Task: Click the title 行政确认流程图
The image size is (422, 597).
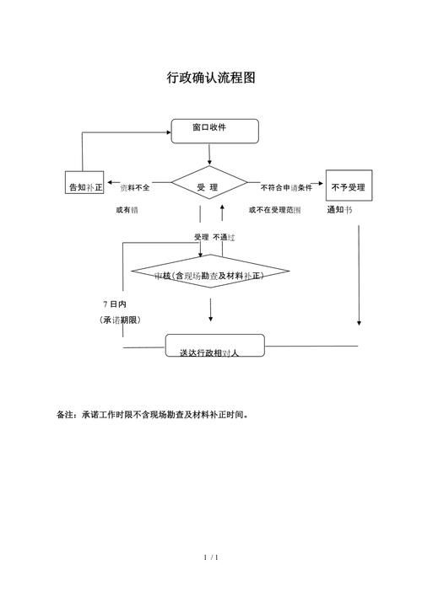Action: (x=210, y=78)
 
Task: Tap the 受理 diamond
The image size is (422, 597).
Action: (x=208, y=186)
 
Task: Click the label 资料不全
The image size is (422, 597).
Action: (x=135, y=187)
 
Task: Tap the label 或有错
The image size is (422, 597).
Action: (x=127, y=209)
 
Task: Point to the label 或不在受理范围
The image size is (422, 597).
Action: (x=274, y=209)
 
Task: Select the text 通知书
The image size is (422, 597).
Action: (x=339, y=209)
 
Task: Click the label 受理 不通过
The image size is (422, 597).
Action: (x=214, y=238)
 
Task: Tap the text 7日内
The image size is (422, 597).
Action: (x=114, y=303)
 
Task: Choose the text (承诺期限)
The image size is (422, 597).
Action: (x=119, y=320)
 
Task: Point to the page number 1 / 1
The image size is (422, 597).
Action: (x=211, y=557)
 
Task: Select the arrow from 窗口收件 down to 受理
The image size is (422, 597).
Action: (x=209, y=155)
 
